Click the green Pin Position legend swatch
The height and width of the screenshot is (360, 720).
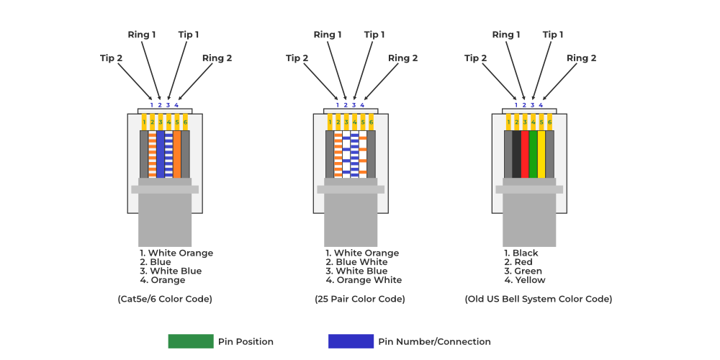pyautogui.click(x=191, y=341)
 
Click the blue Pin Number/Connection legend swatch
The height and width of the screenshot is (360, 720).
pyautogui.click(x=351, y=341)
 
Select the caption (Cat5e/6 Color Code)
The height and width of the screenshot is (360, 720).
pyautogui.click(x=165, y=299)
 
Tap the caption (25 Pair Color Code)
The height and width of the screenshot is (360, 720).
pyautogui.click(x=360, y=299)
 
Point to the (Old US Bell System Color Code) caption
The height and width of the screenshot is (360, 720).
pyautogui.click(x=539, y=299)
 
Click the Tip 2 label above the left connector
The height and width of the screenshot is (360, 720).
pyautogui.click(x=111, y=58)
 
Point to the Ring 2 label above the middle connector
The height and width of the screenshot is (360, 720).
pyautogui.click(x=402, y=58)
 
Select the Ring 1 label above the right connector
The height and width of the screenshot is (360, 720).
pyautogui.click(x=506, y=35)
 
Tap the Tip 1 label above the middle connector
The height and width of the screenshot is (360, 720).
pyautogui.click(x=374, y=35)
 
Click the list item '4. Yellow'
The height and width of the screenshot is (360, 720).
pyautogui.click(x=525, y=280)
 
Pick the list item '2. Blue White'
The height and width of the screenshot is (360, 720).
pyautogui.click(x=356, y=262)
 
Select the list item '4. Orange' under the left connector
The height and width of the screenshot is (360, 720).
pyautogui.click(x=163, y=280)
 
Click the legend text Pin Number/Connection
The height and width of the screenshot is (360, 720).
pyautogui.click(x=434, y=342)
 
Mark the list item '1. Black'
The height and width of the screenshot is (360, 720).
pyautogui.click(x=521, y=253)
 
